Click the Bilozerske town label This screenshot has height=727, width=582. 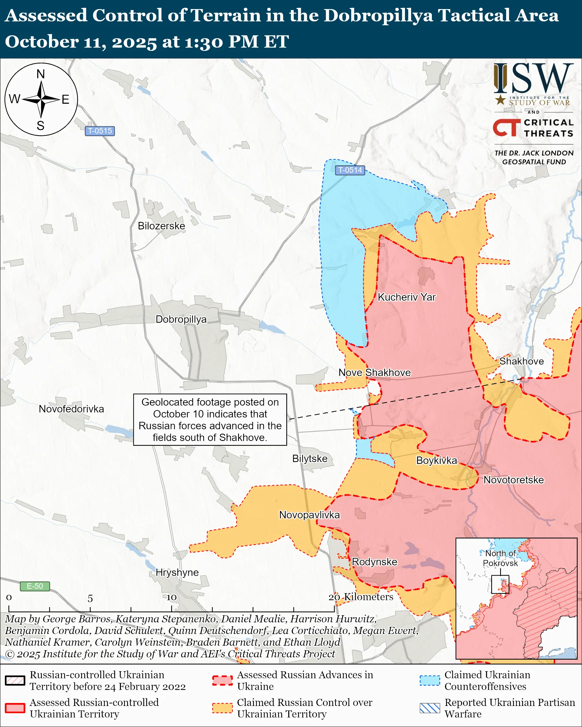point(161,226)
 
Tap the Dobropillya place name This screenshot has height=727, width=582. point(181,319)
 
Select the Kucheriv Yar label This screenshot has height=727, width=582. point(407,297)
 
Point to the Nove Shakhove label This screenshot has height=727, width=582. point(374,373)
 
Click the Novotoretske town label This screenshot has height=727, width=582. point(514,480)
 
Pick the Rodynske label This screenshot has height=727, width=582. point(374,562)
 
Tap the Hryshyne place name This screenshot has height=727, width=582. point(177,572)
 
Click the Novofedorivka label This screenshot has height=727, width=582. point(71,409)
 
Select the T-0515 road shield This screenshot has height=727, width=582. point(100,131)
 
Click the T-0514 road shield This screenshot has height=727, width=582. point(350,170)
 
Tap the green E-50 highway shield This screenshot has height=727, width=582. point(35,586)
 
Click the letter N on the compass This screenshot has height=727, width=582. point(41,74)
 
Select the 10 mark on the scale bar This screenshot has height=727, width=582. point(172,597)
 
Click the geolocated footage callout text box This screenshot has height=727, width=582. point(210,420)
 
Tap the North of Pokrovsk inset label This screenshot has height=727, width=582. point(500,558)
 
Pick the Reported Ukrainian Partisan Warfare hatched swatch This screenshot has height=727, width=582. point(430,708)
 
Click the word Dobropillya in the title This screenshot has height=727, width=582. point(378,16)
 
